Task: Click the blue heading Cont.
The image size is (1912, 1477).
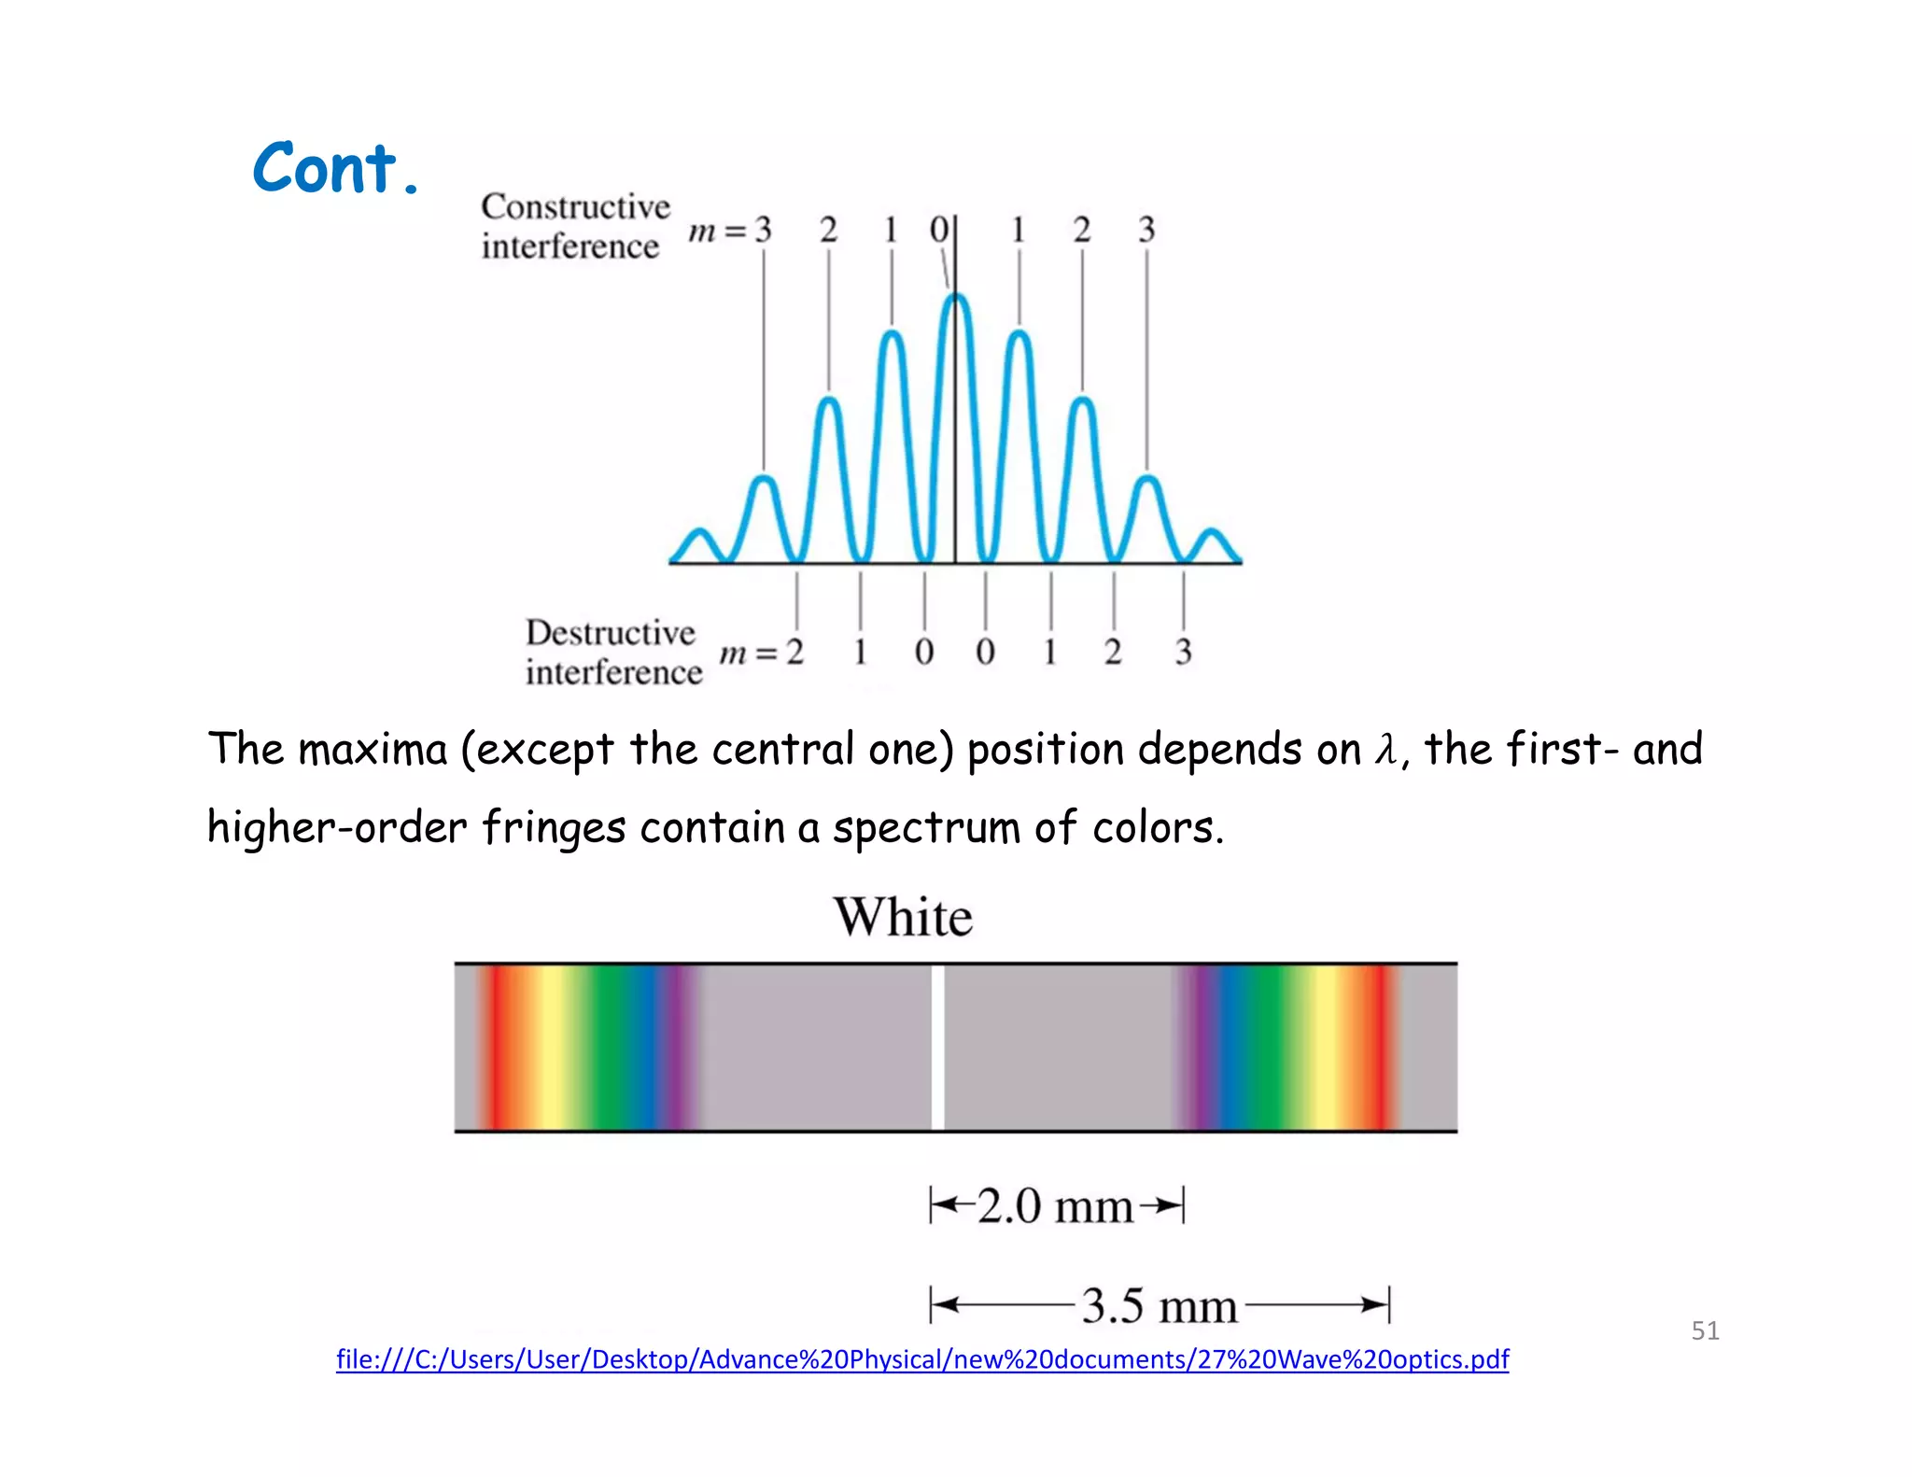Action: pyautogui.click(x=335, y=169)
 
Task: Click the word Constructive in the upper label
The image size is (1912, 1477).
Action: pyautogui.click(x=575, y=206)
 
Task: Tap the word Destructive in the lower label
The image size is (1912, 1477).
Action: pyautogui.click(x=610, y=633)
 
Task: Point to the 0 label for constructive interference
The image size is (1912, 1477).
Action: pyautogui.click(x=938, y=230)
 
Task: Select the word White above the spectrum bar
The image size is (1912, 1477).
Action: pyautogui.click(x=903, y=918)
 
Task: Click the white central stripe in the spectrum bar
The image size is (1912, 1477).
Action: pyautogui.click(x=937, y=1047)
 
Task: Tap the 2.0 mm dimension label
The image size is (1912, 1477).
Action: pyautogui.click(x=1055, y=1206)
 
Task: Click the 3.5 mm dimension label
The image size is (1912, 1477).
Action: pyautogui.click(x=1159, y=1305)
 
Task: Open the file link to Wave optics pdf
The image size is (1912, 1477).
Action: pyautogui.click(x=921, y=1359)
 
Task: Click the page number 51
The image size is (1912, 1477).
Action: pyautogui.click(x=1705, y=1330)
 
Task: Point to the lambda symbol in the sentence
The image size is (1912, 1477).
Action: pyautogui.click(x=1385, y=750)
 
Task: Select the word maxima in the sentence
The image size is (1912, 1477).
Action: pyautogui.click(x=373, y=750)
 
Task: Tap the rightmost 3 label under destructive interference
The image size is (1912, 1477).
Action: pyautogui.click(x=1183, y=652)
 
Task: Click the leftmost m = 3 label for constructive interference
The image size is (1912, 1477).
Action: pyautogui.click(x=731, y=230)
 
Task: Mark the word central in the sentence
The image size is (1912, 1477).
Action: pyautogui.click(x=782, y=750)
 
